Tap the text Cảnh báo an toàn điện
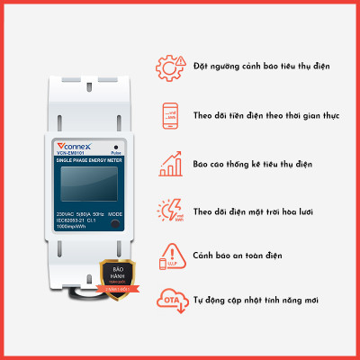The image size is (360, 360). pyautogui.click(x=238, y=256)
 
